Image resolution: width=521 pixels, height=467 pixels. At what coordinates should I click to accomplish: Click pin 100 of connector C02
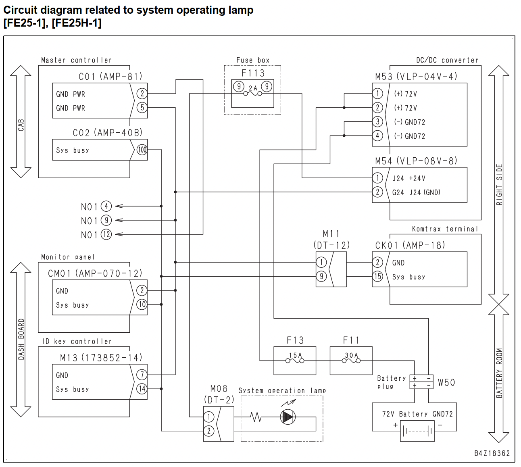coord(142,150)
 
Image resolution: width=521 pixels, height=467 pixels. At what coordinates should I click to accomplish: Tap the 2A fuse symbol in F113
coord(253,94)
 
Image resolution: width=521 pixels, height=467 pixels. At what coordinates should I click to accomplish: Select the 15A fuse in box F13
coord(295,361)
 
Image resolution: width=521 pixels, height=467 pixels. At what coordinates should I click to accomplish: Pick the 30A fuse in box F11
coord(351,361)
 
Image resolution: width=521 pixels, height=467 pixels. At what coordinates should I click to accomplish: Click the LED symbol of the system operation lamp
coord(288,417)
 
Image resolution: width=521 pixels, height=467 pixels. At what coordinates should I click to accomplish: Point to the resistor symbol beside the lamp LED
coord(256,417)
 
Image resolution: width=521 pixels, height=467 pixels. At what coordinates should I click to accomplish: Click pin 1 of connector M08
coord(209,417)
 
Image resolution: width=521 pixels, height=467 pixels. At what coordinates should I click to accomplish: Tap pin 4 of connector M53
coord(377,136)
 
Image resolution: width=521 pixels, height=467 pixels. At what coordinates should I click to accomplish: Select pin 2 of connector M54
coord(377,192)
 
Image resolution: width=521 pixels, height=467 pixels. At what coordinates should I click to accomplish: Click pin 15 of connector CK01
coord(377,276)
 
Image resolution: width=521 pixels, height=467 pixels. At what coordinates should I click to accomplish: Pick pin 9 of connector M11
coord(321,276)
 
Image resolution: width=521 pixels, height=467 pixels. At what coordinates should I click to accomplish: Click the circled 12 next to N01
coord(106,234)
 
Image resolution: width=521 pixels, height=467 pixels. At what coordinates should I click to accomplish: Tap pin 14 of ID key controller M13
coord(142,389)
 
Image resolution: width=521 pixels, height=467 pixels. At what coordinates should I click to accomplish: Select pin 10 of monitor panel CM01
coord(142,304)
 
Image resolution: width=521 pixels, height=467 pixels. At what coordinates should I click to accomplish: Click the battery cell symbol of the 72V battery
coord(417,431)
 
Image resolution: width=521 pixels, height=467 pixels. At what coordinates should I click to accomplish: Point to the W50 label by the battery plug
coord(446,383)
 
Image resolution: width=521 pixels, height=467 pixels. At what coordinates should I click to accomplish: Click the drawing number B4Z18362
coord(492,453)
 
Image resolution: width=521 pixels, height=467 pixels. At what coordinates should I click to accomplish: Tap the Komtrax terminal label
coord(445,229)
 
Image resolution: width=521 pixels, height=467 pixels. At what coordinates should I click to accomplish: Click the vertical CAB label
coord(21,125)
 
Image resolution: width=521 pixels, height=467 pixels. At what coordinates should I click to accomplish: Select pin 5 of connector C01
coord(142,108)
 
